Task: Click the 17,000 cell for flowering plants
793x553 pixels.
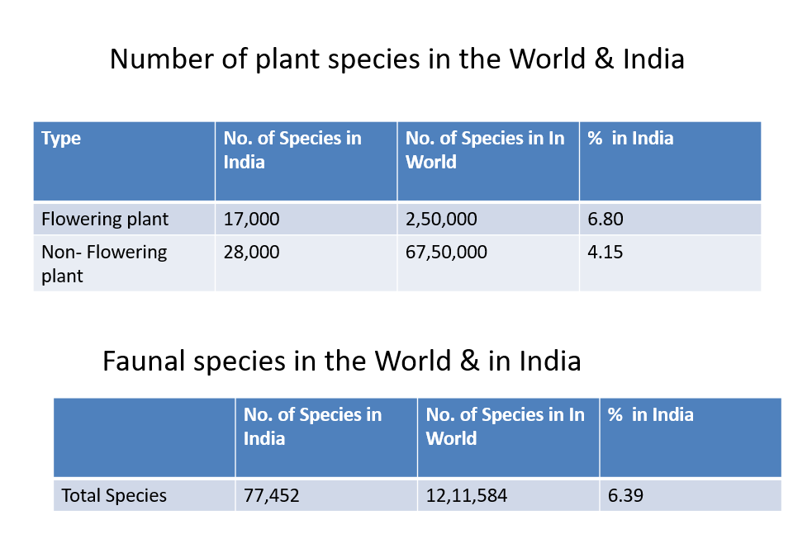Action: pyautogui.click(x=252, y=219)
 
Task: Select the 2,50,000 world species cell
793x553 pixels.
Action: pyautogui.click(x=441, y=219)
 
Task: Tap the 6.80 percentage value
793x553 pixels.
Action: pyautogui.click(x=605, y=219)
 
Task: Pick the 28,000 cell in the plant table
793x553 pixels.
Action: pyautogui.click(x=252, y=252)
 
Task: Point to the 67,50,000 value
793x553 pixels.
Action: pyautogui.click(x=446, y=252)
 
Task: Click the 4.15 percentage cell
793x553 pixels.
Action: pyautogui.click(x=605, y=252)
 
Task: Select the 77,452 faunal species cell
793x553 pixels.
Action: pyautogui.click(x=272, y=495)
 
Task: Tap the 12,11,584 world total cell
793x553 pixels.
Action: pyautogui.click(x=467, y=495)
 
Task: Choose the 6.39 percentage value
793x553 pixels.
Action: pyautogui.click(x=625, y=495)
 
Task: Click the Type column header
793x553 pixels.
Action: pyautogui.click(x=61, y=138)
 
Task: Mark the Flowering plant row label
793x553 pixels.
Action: pyautogui.click(x=105, y=219)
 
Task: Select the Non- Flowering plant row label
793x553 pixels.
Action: pyautogui.click(x=104, y=263)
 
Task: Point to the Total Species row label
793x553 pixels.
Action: pyautogui.click(x=114, y=495)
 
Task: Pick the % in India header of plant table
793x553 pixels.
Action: pyautogui.click(x=630, y=138)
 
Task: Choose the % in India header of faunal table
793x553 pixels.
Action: pyautogui.click(x=650, y=414)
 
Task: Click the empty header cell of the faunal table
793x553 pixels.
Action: pyautogui.click(x=145, y=437)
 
